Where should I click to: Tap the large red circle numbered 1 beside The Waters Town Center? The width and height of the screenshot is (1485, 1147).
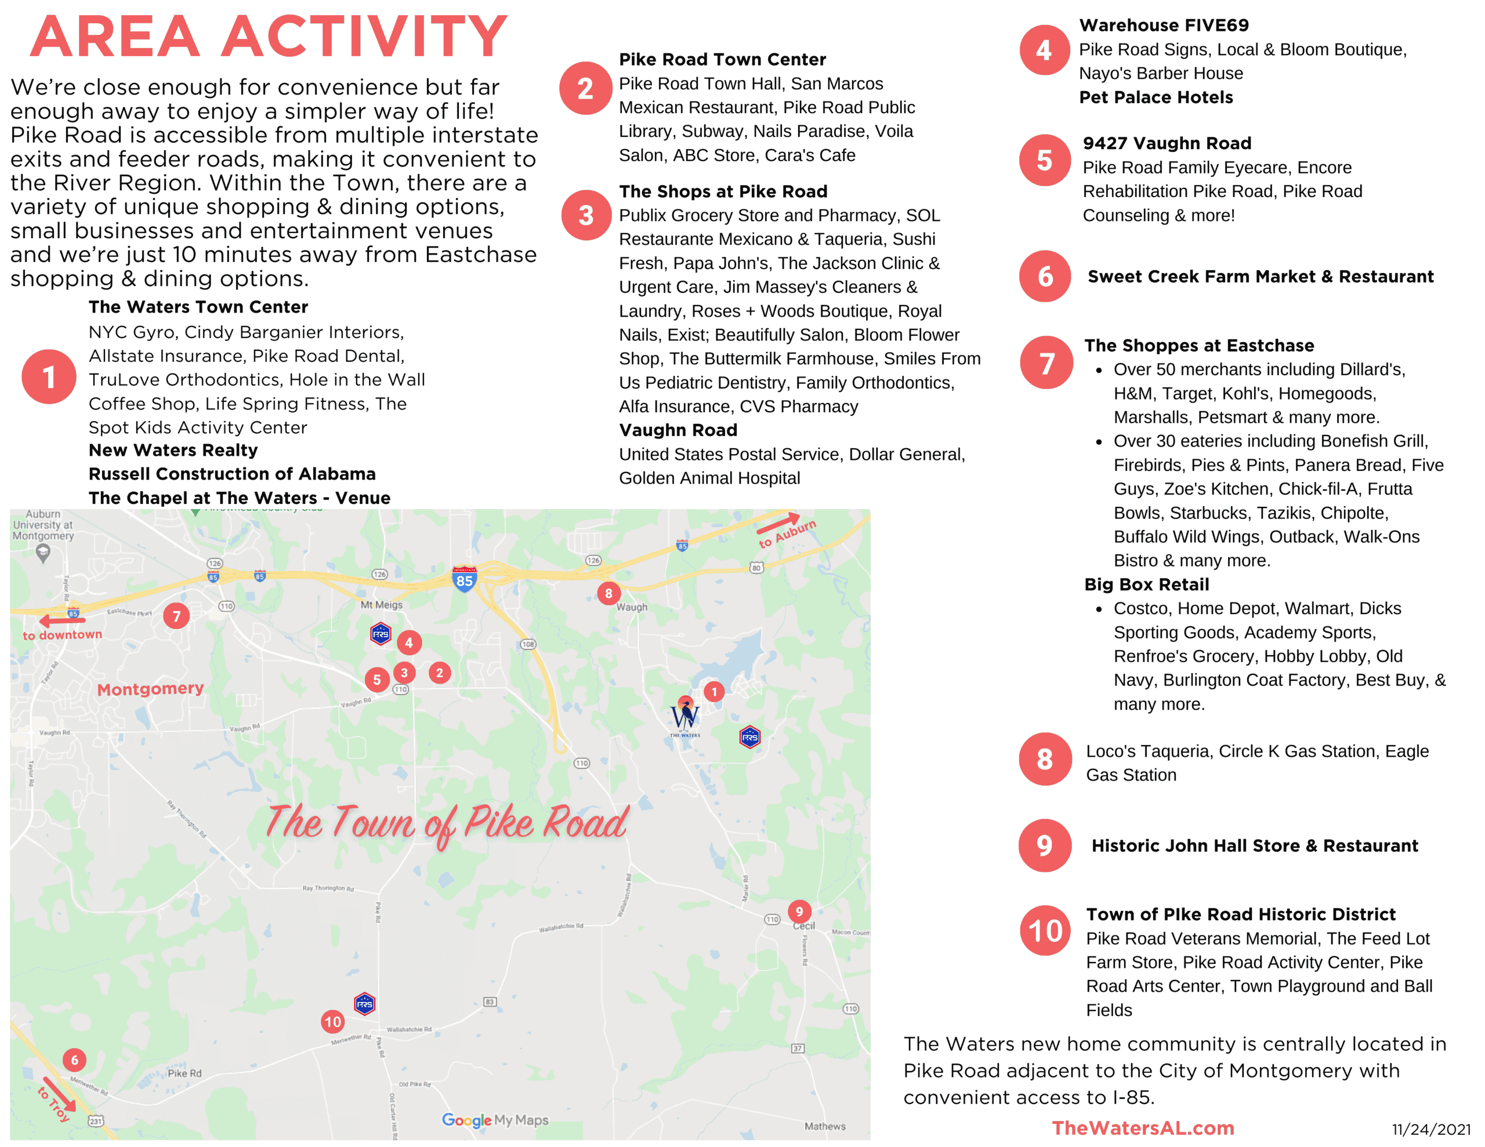pos(49,377)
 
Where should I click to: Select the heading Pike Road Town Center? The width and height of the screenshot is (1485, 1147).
pos(722,60)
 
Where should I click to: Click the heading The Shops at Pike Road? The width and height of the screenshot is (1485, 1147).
pos(723,192)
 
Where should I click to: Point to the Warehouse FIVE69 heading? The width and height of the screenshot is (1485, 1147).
pos(1164,26)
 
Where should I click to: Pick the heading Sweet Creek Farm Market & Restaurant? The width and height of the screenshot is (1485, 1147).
pos(1260,277)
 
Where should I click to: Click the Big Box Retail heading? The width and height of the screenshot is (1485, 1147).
pos(1146,585)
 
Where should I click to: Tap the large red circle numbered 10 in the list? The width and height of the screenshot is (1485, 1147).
pos(1045,931)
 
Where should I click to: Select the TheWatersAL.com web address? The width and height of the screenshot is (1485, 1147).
pos(1142,1128)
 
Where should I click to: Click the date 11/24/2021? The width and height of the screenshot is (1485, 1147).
pos(1430,1130)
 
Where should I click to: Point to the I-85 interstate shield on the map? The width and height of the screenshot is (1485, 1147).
pos(465,580)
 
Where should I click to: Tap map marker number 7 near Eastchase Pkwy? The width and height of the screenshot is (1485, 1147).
pos(177,616)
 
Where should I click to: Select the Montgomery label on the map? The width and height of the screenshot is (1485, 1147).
pos(150,689)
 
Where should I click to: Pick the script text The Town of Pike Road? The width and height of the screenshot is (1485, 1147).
pos(447,823)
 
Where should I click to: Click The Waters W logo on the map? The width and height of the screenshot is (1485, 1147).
pos(684,717)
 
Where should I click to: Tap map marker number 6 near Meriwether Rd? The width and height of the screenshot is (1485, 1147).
pos(74,1060)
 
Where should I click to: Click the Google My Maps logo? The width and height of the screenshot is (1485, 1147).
pos(494,1120)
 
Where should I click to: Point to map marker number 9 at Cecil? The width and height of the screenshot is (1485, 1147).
pos(799,912)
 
